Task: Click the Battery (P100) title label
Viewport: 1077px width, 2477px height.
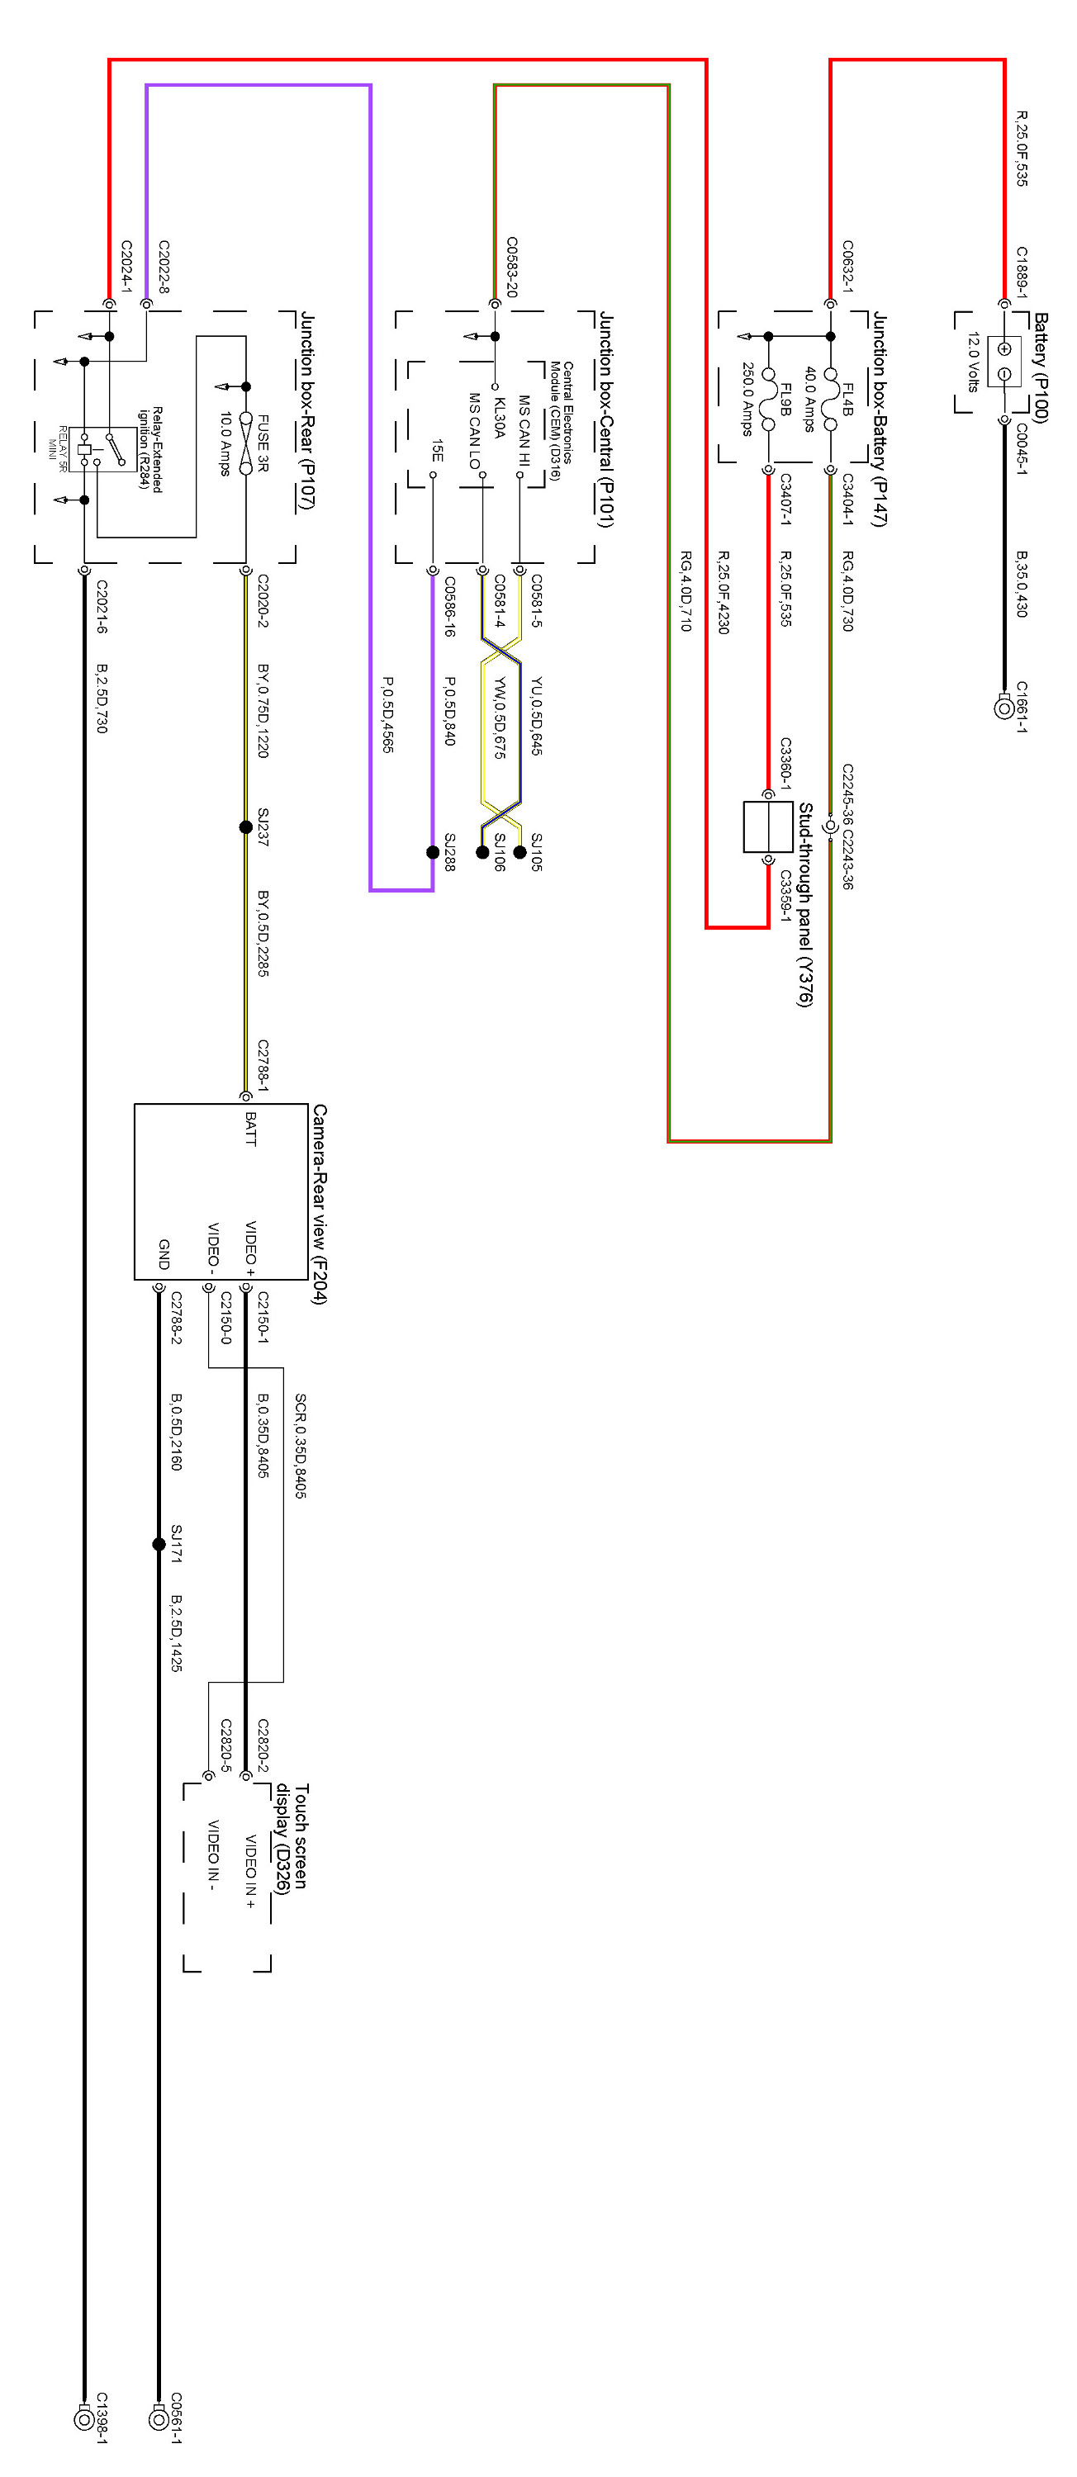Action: coord(1041,367)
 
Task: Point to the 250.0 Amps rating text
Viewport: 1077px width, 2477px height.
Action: coord(746,399)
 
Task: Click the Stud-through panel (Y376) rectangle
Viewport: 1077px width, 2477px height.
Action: coord(767,827)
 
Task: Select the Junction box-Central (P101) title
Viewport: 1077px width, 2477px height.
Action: coord(605,419)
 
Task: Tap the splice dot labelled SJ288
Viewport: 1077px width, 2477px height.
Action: coord(433,852)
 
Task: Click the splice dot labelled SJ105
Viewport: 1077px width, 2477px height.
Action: coord(520,852)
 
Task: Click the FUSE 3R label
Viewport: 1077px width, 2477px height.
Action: coord(263,443)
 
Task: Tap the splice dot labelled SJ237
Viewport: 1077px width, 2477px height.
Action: coord(246,827)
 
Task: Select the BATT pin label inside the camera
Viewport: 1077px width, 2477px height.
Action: coord(251,1129)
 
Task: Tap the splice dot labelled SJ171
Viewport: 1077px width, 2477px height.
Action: coord(159,1544)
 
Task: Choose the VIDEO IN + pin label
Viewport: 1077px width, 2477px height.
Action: coord(251,1871)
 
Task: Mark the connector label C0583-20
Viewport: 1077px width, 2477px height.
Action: coord(511,267)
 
